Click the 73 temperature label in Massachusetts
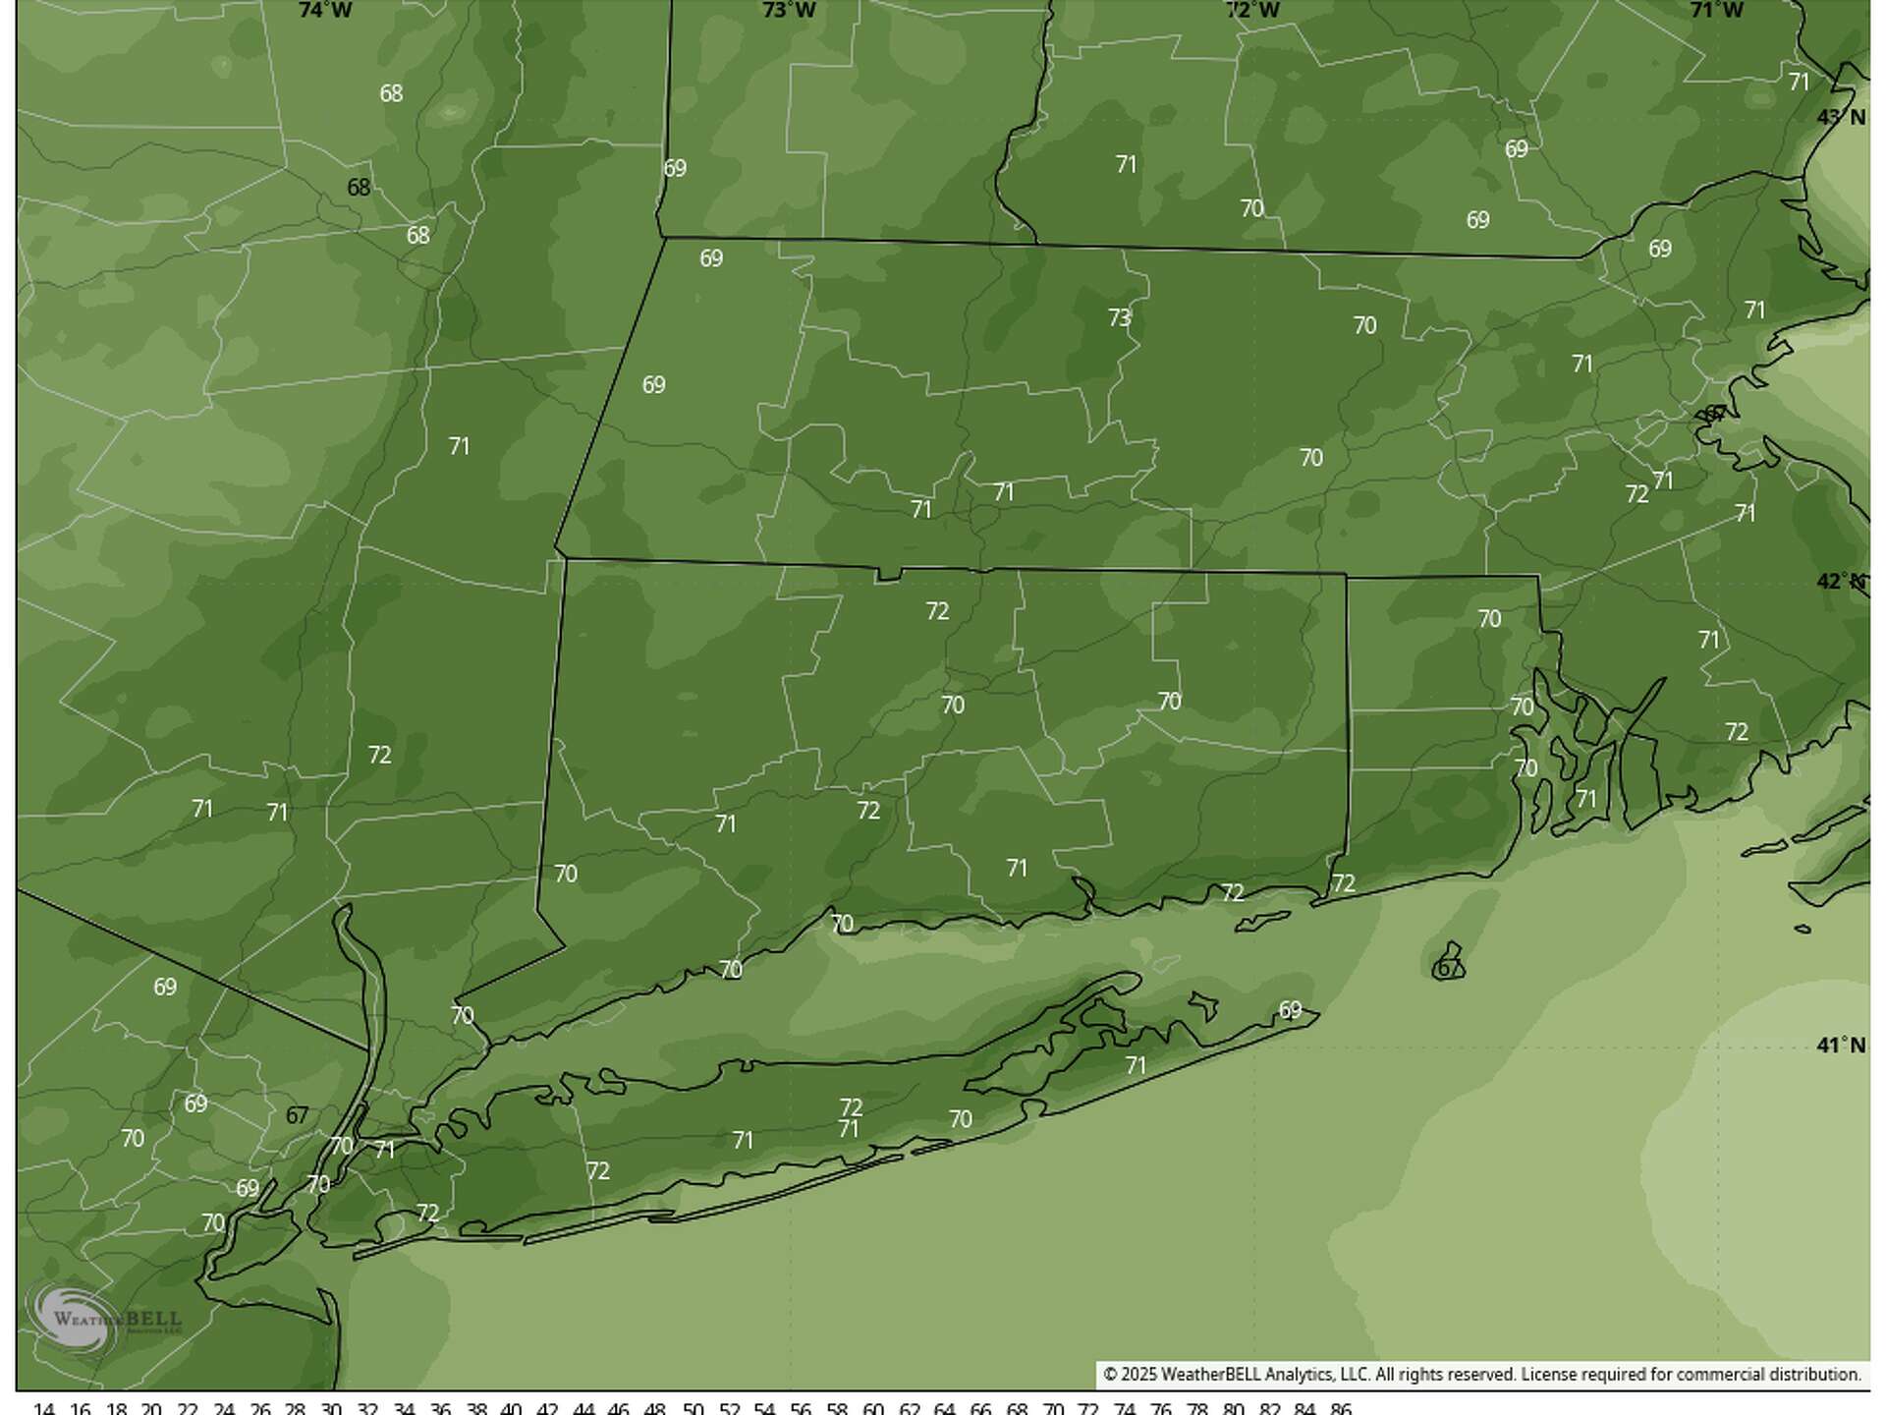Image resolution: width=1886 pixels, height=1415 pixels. point(1119,318)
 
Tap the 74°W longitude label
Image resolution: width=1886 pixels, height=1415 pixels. point(325,11)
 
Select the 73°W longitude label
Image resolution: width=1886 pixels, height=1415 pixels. point(789,11)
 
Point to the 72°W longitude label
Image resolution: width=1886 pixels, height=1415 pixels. point(1252,11)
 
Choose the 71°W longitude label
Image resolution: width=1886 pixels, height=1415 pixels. point(1716,11)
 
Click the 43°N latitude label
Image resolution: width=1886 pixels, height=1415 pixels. point(1841,117)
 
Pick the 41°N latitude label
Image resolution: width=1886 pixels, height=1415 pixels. point(1841,1045)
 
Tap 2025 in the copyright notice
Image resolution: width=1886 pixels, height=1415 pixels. point(1138,1375)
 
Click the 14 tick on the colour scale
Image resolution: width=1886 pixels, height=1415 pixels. point(44,1408)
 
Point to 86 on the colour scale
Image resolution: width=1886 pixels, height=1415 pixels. point(1340,1408)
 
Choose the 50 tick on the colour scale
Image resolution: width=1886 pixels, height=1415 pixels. point(693,1408)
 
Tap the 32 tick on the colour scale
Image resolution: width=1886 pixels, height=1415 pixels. point(367,1408)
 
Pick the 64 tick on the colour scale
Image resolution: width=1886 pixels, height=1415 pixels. point(944,1408)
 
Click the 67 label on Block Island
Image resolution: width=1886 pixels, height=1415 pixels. point(1448,968)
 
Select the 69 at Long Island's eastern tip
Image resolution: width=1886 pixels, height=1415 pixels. point(1290,1010)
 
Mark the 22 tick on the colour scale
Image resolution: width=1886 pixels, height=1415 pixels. point(188,1408)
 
